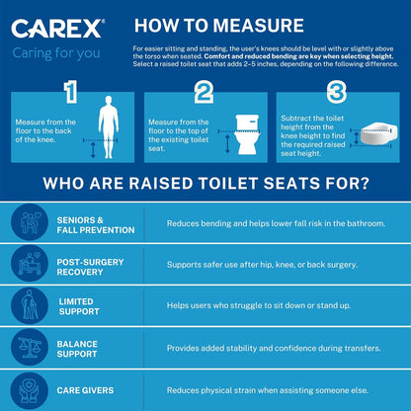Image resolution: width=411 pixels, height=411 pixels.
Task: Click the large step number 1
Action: point(69,94)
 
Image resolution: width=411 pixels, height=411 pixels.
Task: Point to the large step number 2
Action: point(205,94)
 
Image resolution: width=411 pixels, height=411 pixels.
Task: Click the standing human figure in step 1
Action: point(108,127)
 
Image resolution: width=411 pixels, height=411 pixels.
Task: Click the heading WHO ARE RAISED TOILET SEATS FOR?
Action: point(205,183)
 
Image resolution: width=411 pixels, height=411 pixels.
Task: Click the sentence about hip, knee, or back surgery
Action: point(268,265)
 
